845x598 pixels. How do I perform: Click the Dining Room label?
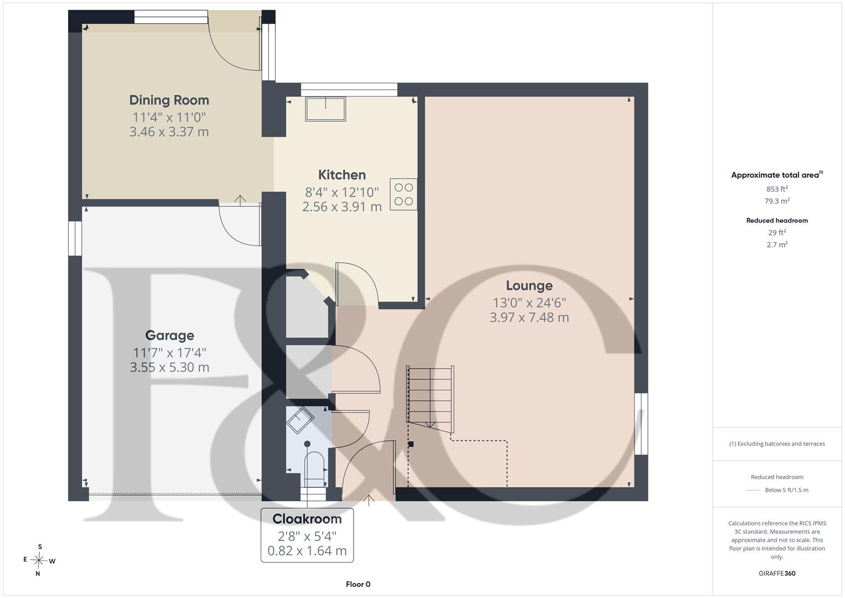pyautogui.click(x=169, y=100)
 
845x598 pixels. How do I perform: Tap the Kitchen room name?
pyautogui.click(x=342, y=175)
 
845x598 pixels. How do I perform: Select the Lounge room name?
pyautogui.click(x=529, y=285)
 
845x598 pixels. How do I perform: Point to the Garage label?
pyautogui.click(x=169, y=335)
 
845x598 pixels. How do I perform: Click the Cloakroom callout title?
pyautogui.click(x=307, y=519)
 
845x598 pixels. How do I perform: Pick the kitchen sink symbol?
pyautogui.click(x=325, y=109)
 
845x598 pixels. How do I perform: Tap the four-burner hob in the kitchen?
pyautogui.click(x=403, y=194)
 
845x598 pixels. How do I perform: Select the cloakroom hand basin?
pyautogui.click(x=300, y=420)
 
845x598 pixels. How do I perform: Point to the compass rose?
pyautogui.click(x=39, y=560)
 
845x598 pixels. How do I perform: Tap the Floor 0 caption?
pyautogui.click(x=358, y=584)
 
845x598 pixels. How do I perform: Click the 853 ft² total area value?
pyautogui.click(x=777, y=189)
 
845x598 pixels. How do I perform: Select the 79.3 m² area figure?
pyautogui.click(x=777, y=201)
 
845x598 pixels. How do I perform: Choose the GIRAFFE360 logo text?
pyautogui.click(x=777, y=573)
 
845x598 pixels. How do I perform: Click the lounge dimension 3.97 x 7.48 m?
pyautogui.click(x=529, y=317)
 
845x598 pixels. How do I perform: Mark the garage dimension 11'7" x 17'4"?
pyautogui.click(x=169, y=353)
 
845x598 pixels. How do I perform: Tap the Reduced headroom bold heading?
pyautogui.click(x=777, y=220)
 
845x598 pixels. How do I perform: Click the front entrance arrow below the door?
pyautogui.click(x=369, y=501)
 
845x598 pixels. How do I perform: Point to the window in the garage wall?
pyautogui.click(x=75, y=238)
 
